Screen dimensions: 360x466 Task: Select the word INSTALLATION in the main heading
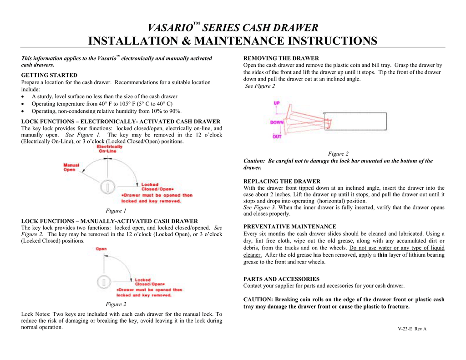(x=136, y=41)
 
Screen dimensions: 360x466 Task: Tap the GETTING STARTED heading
(x=49, y=75)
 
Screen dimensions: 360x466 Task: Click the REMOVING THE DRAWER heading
(x=281, y=58)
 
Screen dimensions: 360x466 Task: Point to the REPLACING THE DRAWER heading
(x=282, y=181)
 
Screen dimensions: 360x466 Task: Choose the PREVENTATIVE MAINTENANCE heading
(x=290, y=226)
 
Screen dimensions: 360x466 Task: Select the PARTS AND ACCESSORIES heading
(x=281, y=279)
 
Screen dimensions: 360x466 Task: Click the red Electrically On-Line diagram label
(x=109, y=149)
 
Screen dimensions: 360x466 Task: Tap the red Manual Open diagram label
(x=71, y=167)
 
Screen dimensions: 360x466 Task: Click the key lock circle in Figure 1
(x=107, y=187)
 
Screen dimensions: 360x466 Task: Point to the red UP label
(x=277, y=103)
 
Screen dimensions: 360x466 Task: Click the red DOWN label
(x=277, y=122)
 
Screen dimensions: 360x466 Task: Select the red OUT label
(x=277, y=136)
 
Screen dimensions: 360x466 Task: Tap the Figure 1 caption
(x=116, y=211)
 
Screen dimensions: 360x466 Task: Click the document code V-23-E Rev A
(x=412, y=329)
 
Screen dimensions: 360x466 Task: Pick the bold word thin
(x=382, y=255)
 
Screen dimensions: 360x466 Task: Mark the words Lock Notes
(x=36, y=314)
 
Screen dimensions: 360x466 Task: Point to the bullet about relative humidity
(x=106, y=111)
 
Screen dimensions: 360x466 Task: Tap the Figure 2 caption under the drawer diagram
(x=338, y=154)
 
